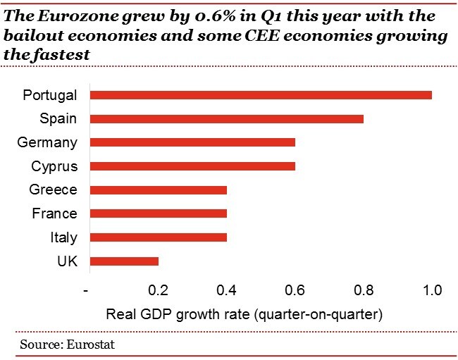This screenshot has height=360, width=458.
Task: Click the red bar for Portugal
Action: [x=261, y=95]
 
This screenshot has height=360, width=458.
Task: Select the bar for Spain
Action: [x=227, y=118]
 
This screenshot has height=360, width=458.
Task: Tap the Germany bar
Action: [x=192, y=142]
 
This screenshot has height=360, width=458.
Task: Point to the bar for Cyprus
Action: [x=192, y=166]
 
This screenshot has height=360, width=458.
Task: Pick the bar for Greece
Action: [x=159, y=190]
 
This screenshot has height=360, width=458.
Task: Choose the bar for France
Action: [x=159, y=213]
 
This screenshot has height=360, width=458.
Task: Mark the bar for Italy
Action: [x=159, y=237]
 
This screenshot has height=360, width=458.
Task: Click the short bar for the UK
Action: [x=124, y=261]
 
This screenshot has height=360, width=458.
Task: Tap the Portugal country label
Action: [x=49, y=95]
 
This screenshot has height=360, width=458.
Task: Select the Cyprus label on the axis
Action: [x=54, y=166]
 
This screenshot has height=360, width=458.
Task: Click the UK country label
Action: [x=67, y=261]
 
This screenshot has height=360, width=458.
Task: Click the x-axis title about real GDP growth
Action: [x=243, y=313]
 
